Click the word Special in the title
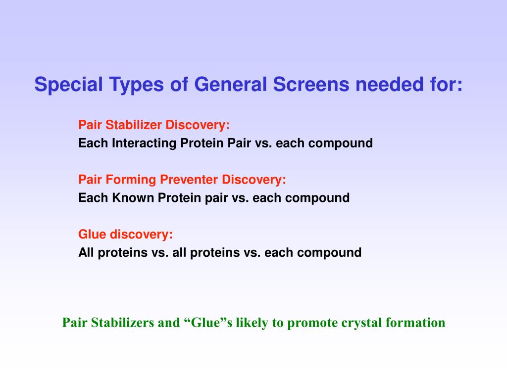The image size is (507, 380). point(68,85)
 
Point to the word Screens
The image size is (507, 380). point(311,84)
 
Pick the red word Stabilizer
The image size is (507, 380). point(134,125)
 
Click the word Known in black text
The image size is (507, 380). point(133,197)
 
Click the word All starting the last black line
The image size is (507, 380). point(86,252)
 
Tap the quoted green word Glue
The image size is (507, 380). point(206,323)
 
